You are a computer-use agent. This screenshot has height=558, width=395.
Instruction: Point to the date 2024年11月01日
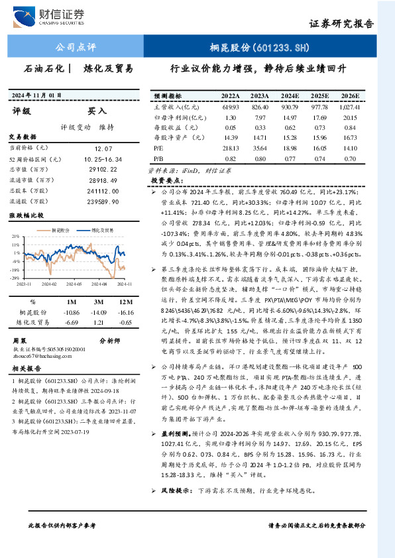coord(39,95)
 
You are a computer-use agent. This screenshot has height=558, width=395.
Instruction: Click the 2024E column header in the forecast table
coord(290,95)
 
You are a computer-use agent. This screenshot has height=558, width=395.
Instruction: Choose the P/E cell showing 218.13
coord(231,148)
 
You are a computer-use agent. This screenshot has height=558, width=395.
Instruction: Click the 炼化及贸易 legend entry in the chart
coord(102,231)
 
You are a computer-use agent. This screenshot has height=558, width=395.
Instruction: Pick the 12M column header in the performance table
coord(121,302)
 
